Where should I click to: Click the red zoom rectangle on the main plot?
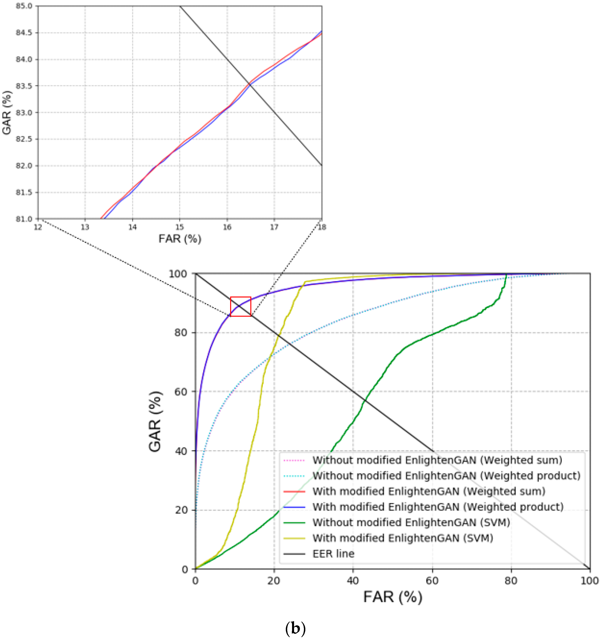(x=241, y=307)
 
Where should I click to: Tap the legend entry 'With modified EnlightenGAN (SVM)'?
(x=403, y=538)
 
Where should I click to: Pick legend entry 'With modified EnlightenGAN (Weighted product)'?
(x=438, y=507)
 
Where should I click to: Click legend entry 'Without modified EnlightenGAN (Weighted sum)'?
(x=437, y=460)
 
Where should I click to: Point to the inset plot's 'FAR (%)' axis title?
(x=180, y=239)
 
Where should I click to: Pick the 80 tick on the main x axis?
(x=511, y=580)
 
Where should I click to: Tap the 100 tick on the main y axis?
(x=178, y=274)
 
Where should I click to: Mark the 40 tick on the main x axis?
(x=353, y=580)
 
